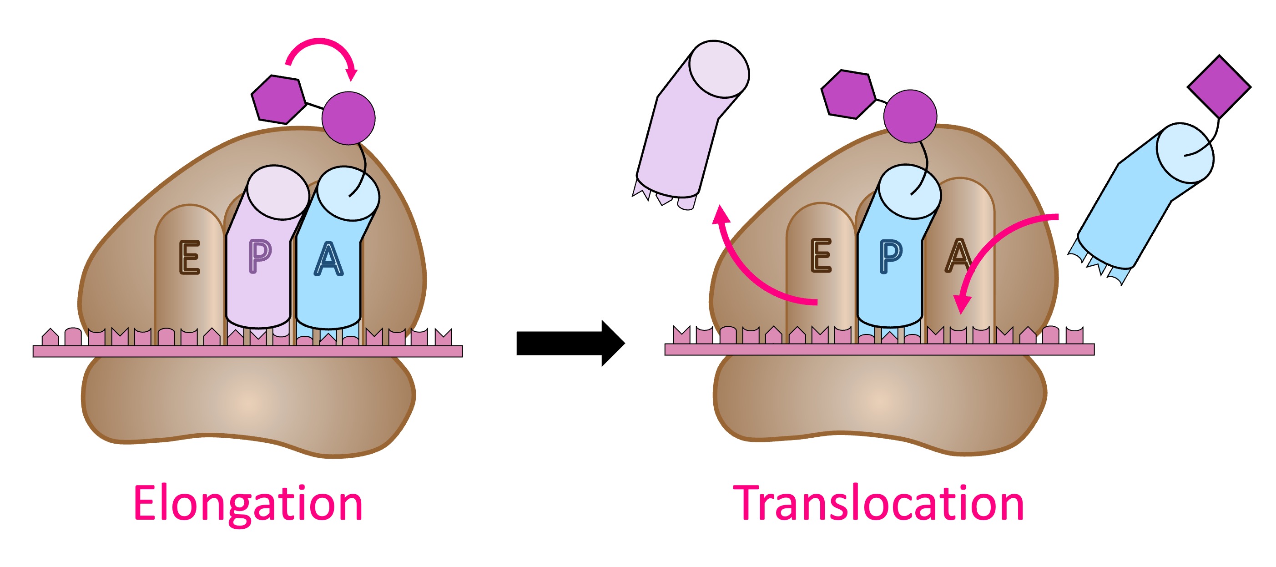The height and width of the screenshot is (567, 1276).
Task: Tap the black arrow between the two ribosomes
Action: point(570,343)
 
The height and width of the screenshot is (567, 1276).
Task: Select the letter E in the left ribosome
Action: point(189,257)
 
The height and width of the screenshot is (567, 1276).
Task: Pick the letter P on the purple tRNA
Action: point(260,256)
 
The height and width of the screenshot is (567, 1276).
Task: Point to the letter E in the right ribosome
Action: point(821,255)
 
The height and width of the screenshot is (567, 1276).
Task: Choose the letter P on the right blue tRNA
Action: point(891,256)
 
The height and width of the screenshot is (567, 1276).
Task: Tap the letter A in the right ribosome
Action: point(958,255)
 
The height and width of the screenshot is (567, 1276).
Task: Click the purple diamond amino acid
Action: point(1219,87)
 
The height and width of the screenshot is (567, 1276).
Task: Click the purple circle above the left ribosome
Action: point(348,118)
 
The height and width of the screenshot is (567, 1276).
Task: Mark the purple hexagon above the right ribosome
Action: point(848,94)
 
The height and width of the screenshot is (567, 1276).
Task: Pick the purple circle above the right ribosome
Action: point(910,116)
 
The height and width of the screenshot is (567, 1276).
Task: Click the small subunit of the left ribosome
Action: point(247,401)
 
